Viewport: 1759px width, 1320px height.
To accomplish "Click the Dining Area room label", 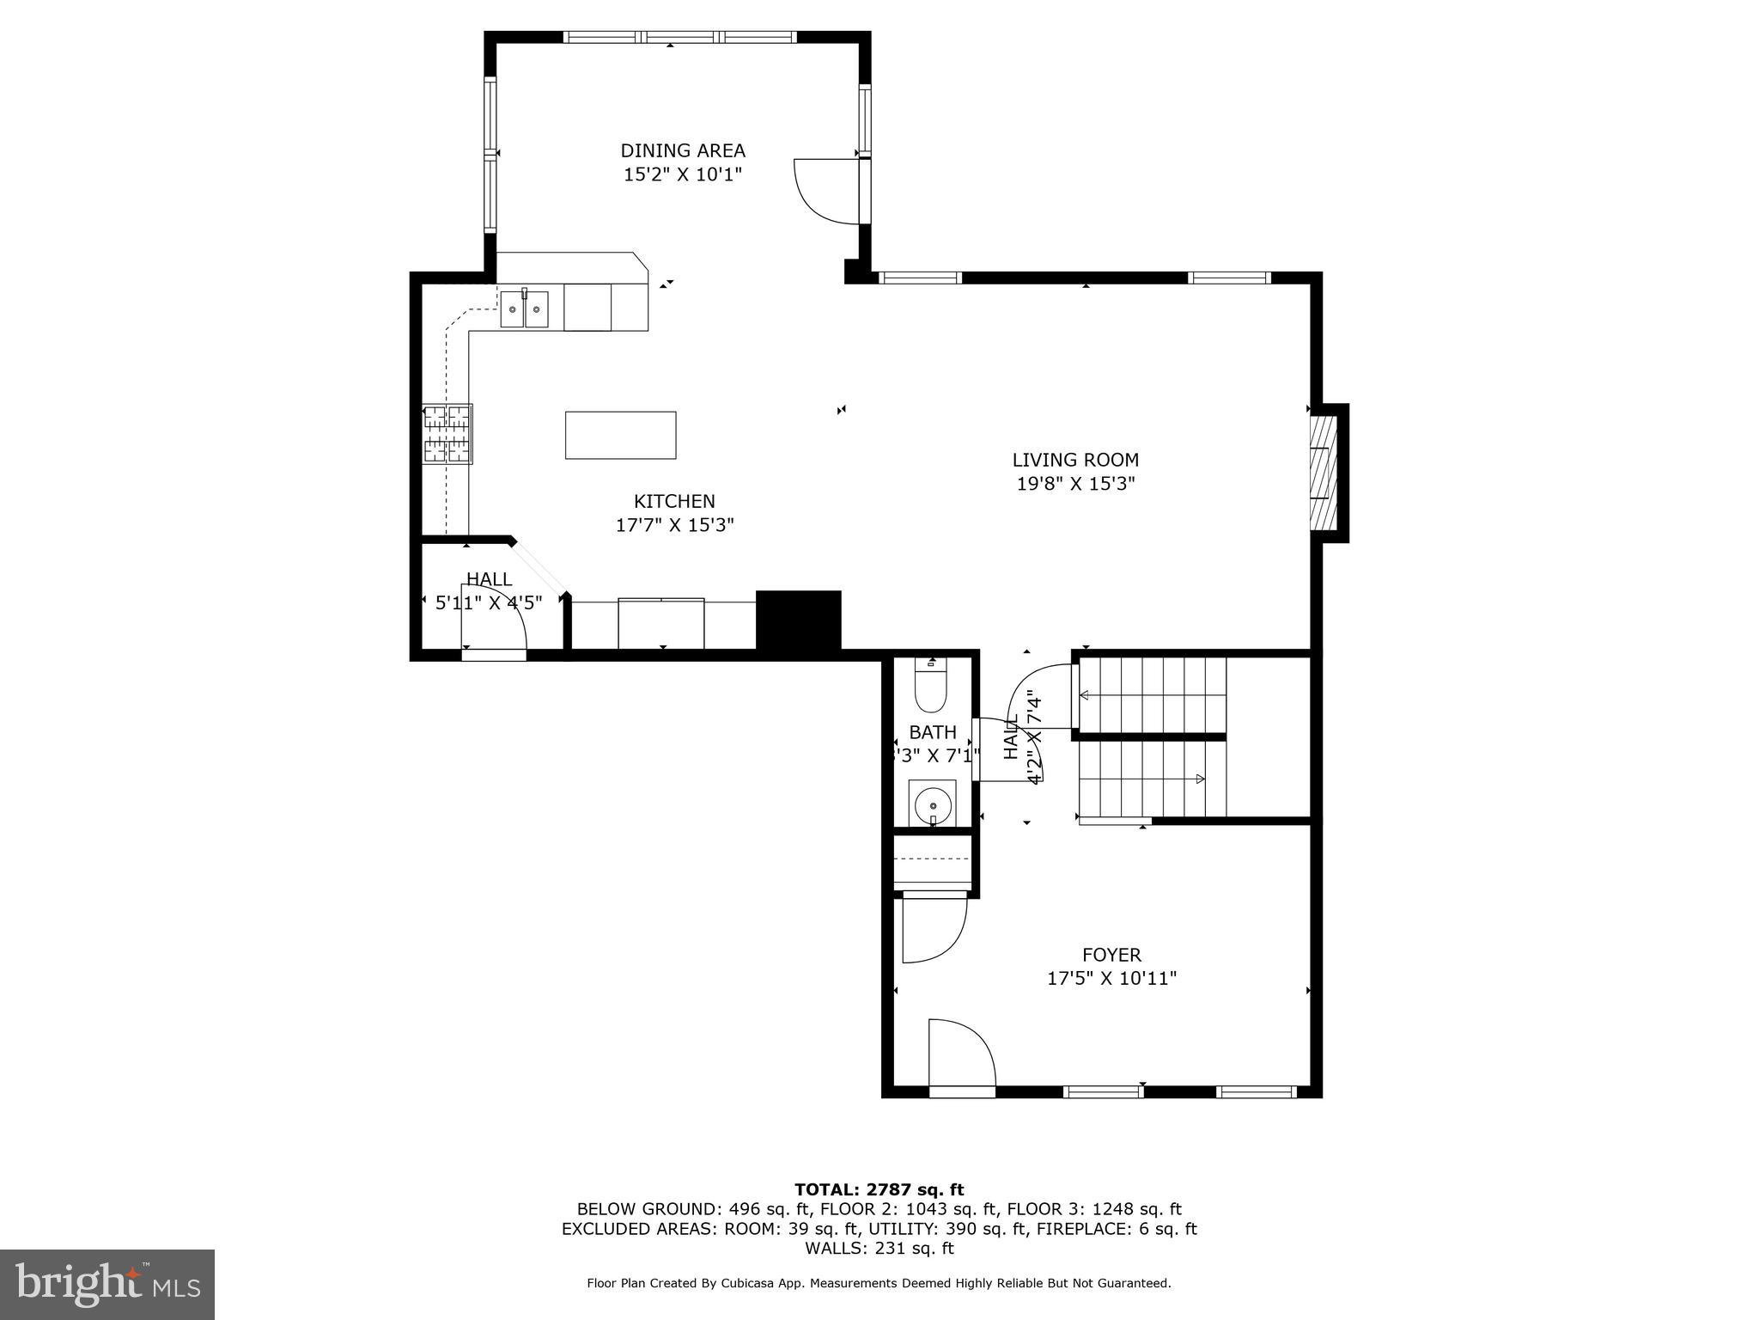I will (x=683, y=150).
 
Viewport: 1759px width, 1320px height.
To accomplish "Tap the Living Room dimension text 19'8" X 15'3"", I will (x=1075, y=484).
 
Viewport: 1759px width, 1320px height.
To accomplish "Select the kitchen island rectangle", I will (x=620, y=435).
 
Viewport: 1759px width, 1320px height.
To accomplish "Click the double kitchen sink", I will (x=524, y=309).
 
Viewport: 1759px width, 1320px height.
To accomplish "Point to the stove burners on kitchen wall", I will (x=447, y=434).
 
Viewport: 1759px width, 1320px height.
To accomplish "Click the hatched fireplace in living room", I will (x=1323, y=473).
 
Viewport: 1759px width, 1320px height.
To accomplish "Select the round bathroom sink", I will (x=931, y=805).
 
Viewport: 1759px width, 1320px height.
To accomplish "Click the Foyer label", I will (x=1111, y=955).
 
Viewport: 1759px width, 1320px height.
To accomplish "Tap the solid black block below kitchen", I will (x=798, y=620).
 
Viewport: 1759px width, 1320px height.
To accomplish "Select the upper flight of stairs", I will (x=1151, y=694).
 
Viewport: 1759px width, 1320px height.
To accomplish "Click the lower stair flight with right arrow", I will (x=1151, y=779).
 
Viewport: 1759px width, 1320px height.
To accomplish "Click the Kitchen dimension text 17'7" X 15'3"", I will (x=674, y=525).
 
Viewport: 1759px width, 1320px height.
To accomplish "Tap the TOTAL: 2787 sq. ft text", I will (x=879, y=1190).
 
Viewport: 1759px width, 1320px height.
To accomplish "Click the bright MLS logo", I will (x=107, y=1284).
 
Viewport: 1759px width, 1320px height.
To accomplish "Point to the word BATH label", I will (x=932, y=732).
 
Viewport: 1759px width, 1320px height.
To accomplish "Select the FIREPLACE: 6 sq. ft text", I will (x=1117, y=1229).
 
